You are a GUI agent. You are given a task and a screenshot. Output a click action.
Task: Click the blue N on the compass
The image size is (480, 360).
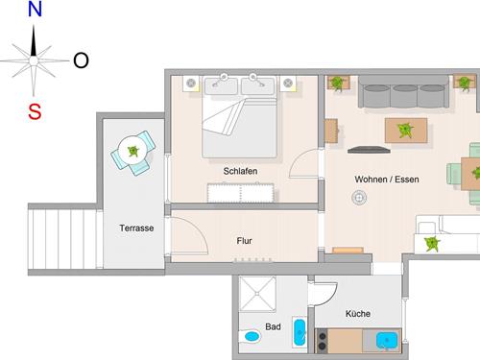pyautogui.click(x=35, y=9)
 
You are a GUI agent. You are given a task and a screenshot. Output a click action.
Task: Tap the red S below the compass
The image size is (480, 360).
pyautogui.click(x=35, y=111)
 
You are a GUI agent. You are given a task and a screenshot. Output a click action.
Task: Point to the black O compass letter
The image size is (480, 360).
pyautogui.click(x=81, y=60)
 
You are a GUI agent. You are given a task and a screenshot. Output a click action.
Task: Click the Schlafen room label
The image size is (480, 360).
pyautogui.click(x=240, y=171)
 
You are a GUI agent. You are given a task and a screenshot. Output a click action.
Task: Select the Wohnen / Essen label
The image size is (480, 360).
pyautogui.click(x=387, y=180)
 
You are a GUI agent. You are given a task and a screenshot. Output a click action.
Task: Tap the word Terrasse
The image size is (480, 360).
pyautogui.click(x=136, y=228)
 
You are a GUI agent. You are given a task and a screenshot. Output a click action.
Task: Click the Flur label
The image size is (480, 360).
pyautogui.click(x=244, y=241)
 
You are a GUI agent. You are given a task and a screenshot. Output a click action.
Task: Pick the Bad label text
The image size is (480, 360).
pyautogui.click(x=273, y=326)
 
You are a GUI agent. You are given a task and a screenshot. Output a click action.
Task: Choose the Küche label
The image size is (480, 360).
pyautogui.click(x=358, y=314)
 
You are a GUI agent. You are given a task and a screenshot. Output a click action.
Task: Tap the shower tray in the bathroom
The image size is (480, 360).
pyautogui.click(x=257, y=294)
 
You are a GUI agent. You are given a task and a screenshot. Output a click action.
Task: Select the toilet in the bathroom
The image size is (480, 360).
pyautogui.click(x=250, y=336)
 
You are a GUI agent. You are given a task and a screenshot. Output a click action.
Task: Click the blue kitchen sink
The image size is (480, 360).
pyautogui.click(x=387, y=340)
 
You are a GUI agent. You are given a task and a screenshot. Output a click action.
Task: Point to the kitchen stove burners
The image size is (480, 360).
pyautogui.click(x=322, y=341)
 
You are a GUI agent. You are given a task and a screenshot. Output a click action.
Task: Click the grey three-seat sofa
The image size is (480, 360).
pyautogui.click(x=403, y=91)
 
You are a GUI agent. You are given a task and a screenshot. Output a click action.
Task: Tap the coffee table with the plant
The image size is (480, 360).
pyautogui.click(x=406, y=131)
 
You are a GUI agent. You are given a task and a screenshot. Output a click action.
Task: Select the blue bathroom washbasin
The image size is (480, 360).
pyautogui.click(x=300, y=332)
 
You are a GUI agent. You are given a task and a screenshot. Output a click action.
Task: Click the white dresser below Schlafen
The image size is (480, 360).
pyautogui.click(x=240, y=193)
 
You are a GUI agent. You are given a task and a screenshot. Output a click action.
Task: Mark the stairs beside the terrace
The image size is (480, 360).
pyautogui.click(x=62, y=239)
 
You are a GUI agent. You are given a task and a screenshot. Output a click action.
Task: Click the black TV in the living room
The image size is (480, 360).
pyautogui.click(x=369, y=150)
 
